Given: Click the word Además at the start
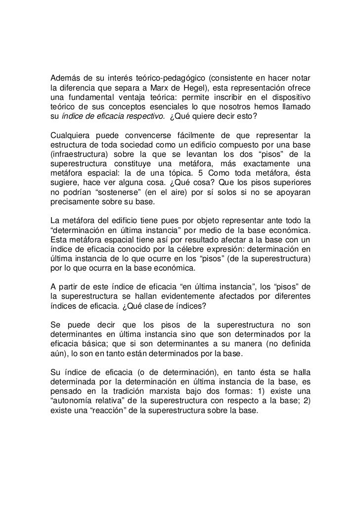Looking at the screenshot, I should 67,79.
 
